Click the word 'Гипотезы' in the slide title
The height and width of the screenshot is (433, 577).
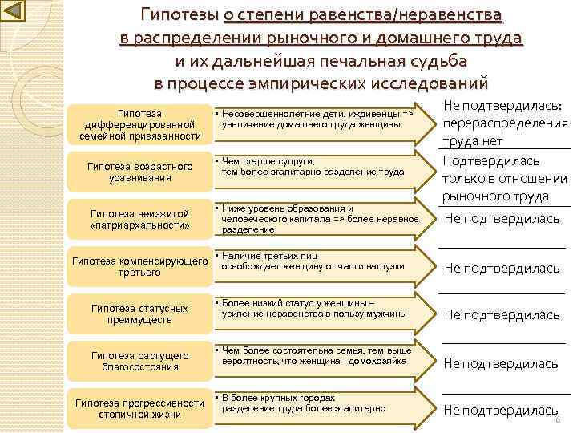click(180, 15)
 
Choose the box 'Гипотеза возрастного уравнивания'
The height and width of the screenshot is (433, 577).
click(139, 172)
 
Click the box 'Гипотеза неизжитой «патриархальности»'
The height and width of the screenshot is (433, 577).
click(139, 219)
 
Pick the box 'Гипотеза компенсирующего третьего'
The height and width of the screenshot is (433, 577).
click(139, 267)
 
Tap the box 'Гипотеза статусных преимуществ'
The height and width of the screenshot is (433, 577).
click(139, 314)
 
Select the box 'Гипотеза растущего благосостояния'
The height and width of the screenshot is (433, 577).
click(139, 361)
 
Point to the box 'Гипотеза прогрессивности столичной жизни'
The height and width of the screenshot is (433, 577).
click(139, 408)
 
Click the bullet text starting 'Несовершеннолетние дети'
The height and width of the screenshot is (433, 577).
click(317, 119)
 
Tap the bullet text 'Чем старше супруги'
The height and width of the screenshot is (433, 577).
click(313, 166)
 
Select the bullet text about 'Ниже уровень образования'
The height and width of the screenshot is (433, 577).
click(320, 219)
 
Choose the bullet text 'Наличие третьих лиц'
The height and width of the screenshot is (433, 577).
click(313, 261)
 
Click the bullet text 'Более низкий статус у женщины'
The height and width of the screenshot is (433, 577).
click(314, 308)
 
